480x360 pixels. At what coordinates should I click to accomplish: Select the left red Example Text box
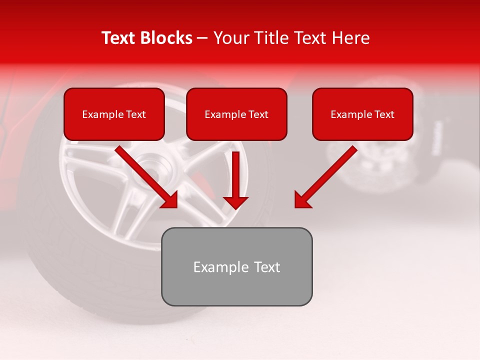(x=114, y=114)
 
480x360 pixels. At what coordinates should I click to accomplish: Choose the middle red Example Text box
(x=236, y=114)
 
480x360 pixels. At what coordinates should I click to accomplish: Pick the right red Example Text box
(x=362, y=114)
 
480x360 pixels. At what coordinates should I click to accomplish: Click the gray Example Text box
(x=236, y=266)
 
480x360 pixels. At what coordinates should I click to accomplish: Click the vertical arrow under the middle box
(x=236, y=175)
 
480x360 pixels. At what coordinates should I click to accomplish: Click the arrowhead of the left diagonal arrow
(x=170, y=200)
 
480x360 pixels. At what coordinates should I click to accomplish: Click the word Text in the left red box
(x=135, y=114)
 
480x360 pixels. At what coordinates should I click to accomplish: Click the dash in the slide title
(x=202, y=38)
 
